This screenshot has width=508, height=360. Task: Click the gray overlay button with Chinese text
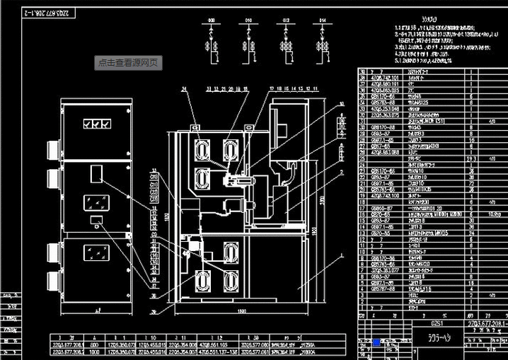tap(130, 62)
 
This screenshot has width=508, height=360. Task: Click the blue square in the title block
tap(376, 342)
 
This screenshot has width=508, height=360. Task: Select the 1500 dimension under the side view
tap(242, 312)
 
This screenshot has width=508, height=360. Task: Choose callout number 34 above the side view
tap(183, 89)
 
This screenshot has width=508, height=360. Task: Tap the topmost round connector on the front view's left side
tap(51, 149)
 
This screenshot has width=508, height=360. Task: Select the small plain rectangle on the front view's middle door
tap(95, 172)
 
